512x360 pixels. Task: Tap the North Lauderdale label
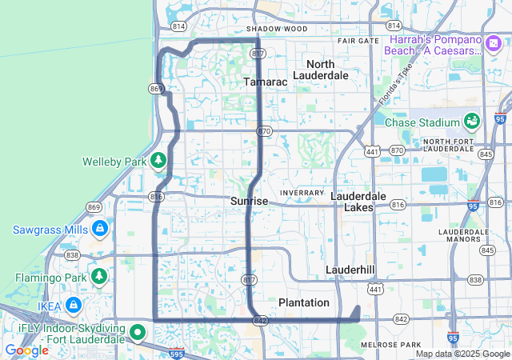(321, 70)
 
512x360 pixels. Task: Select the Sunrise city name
(249, 202)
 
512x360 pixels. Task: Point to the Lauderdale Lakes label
(358, 202)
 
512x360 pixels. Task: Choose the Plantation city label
(303, 302)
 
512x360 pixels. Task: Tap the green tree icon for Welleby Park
(158, 162)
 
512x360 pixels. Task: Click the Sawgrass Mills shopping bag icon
(100, 230)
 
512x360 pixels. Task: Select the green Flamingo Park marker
(99, 278)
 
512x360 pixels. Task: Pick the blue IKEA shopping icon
(74, 305)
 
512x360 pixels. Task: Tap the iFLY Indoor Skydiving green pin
(138, 331)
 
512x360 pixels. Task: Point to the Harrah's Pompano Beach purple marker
(394, 26)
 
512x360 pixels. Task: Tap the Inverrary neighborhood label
(301, 193)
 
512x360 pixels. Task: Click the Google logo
(26, 350)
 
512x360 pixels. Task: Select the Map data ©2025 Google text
(462, 354)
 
